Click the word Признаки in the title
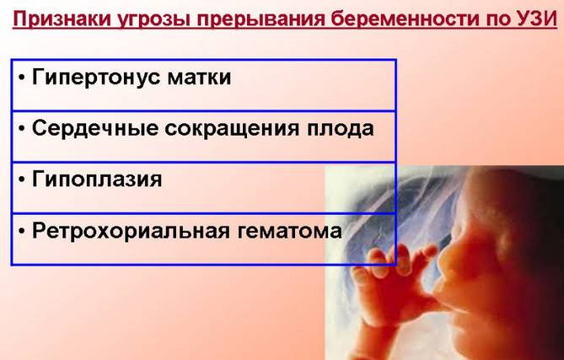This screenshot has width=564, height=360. [62, 19]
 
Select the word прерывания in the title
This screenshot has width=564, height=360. [261, 20]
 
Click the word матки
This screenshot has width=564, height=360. [199, 78]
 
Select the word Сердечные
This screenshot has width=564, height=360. [95, 129]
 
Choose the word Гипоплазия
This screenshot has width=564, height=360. [97, 179]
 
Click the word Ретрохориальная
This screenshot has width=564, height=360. [131, 231]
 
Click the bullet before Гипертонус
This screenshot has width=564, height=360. [22, 78]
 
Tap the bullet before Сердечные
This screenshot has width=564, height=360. [22, 129]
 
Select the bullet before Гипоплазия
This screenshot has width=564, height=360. [22, 180]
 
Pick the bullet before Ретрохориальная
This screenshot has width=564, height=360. [22, 231]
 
